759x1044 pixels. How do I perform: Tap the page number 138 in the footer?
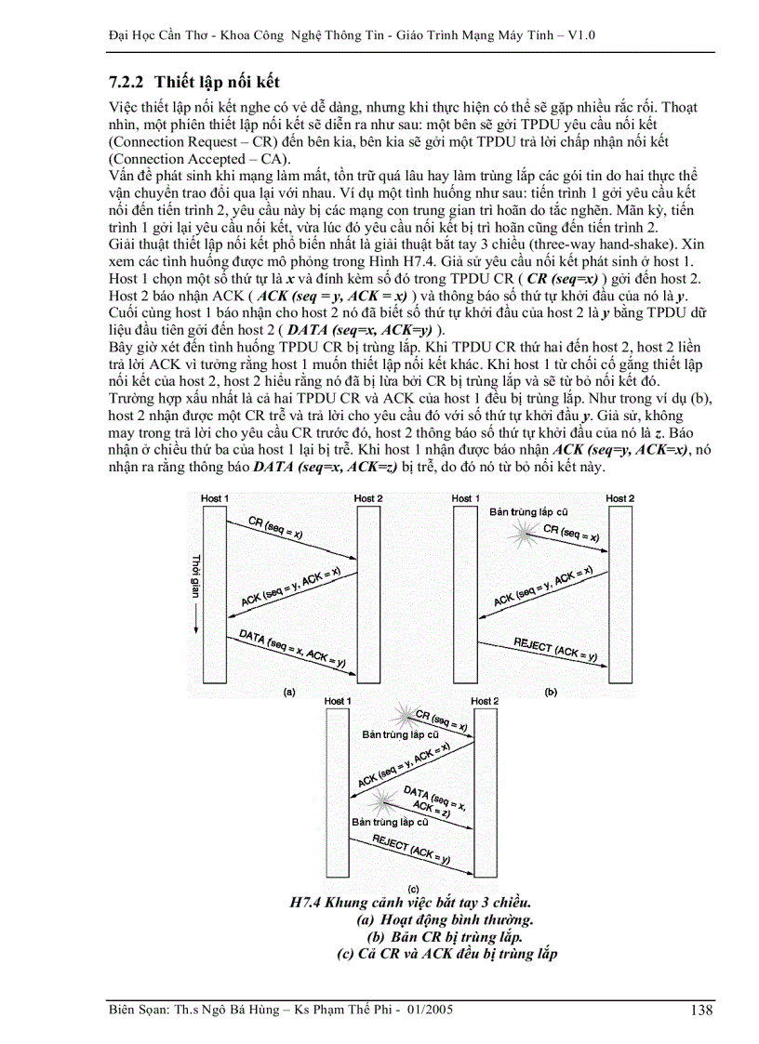[704, 1010]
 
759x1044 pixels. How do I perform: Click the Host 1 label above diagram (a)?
[214, 499]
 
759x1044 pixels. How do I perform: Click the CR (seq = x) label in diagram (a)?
[274, 529]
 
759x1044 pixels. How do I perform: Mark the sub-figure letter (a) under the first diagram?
[288, 692]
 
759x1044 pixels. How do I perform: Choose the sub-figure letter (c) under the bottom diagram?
[413, 890]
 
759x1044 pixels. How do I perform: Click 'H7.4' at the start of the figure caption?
[308, 903]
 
